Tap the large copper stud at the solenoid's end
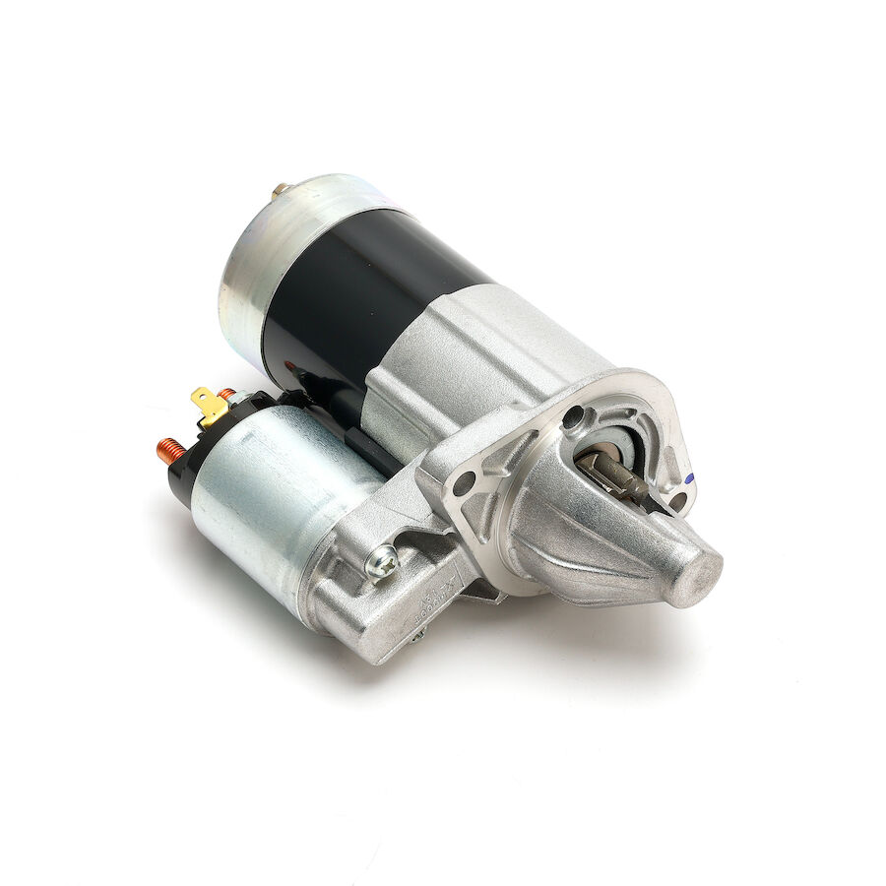[171, 452]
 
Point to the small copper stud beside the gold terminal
[226, 396]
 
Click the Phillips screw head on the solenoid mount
[381, 563]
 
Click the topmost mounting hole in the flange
[573, 417]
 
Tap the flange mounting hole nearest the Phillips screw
[465, 484]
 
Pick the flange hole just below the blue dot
[676, 501]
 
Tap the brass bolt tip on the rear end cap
[281, 188]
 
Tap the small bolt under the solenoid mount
[417, 636]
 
